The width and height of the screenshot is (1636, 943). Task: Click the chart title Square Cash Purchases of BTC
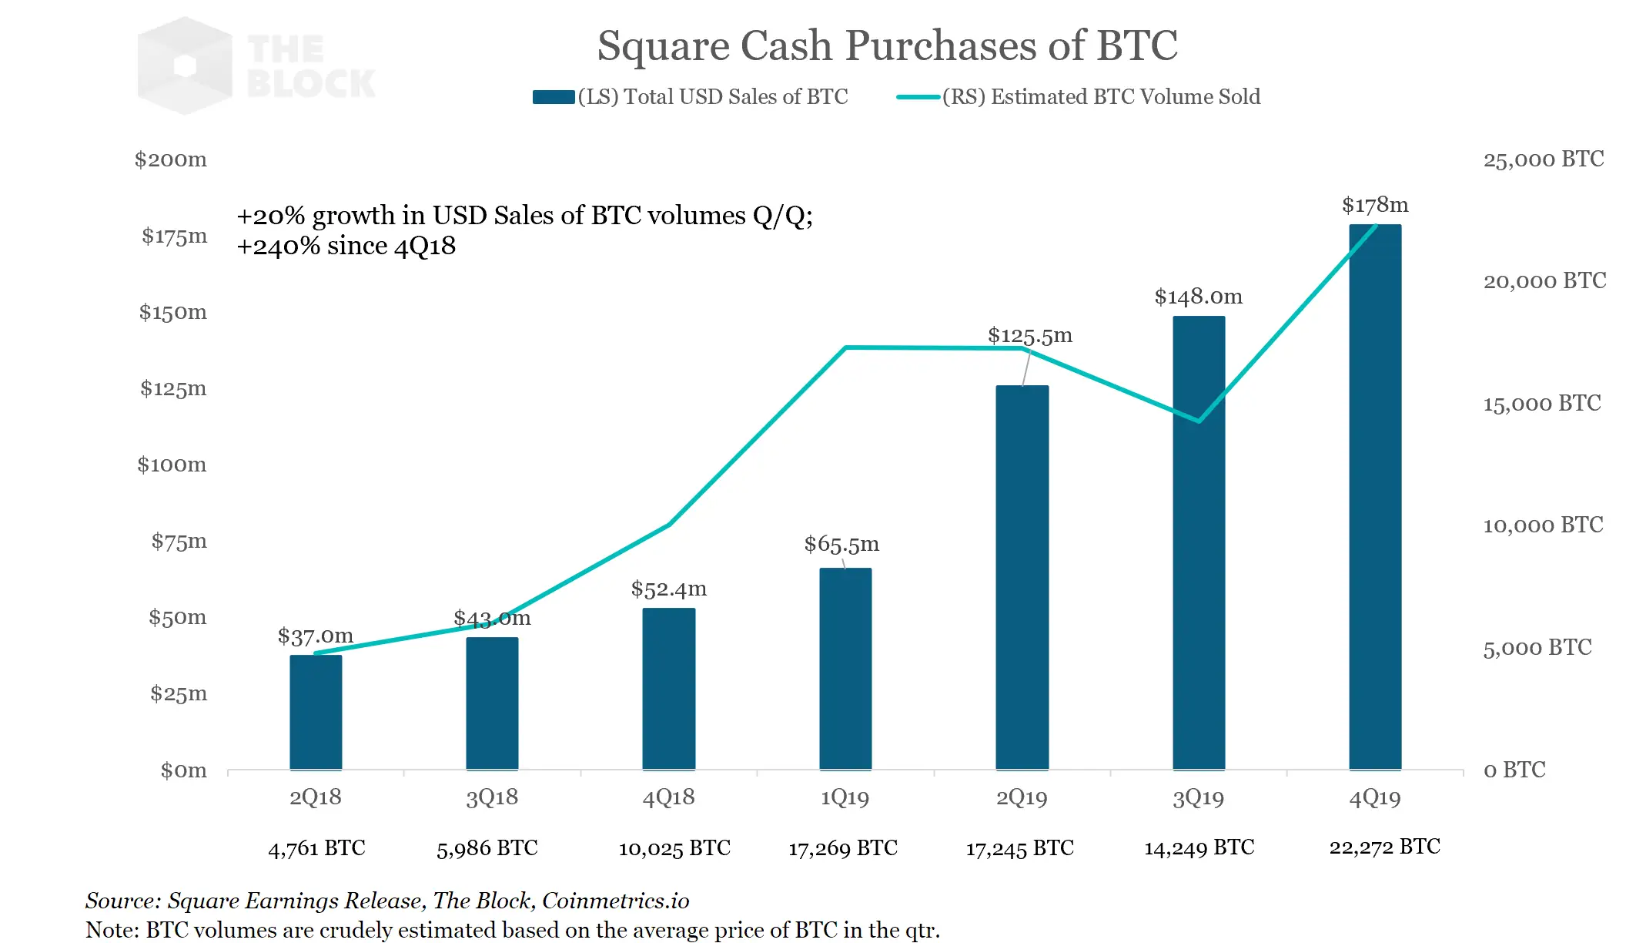click(887, 45)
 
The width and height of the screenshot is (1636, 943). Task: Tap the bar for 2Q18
click(316, 712)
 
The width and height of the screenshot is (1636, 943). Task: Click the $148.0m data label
click(1198, 297)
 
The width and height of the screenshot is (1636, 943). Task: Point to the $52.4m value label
click(668, 589)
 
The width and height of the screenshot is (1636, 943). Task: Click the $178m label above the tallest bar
click(1375, 205)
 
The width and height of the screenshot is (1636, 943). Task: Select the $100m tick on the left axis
click(172, 465)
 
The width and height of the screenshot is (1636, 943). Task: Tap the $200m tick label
click(170, 159)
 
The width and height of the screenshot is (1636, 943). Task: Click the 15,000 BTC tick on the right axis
click(1542, 403)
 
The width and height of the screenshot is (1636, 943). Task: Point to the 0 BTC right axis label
click(1514, 770)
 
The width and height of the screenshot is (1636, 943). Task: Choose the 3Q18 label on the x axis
click(492, 797)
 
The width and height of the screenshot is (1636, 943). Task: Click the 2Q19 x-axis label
click(1022, 797)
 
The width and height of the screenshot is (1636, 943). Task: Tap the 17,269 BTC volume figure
click(843, 848)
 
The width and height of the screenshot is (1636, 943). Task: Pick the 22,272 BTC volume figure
click(1384, 847)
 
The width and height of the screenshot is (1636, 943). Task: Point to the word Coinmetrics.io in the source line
click(615, 901)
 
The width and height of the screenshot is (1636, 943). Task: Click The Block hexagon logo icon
click(185, 66)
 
